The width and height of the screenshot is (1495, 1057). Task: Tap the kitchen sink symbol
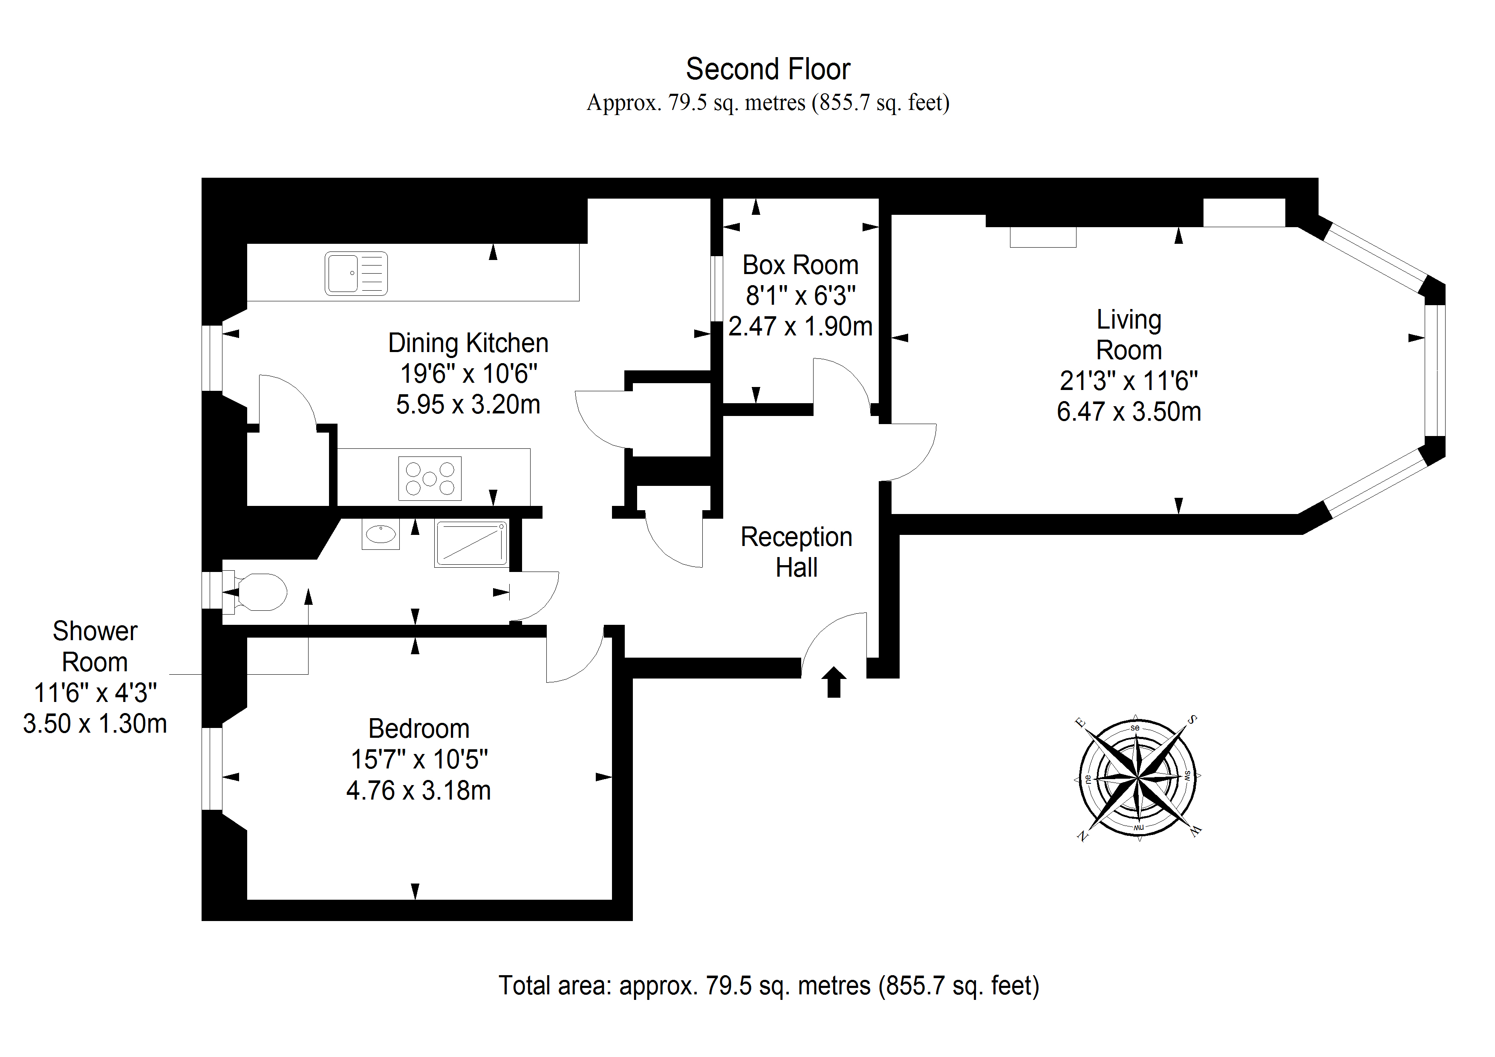356,274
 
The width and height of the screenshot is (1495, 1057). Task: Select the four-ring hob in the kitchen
430,479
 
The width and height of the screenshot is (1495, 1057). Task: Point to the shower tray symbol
471,543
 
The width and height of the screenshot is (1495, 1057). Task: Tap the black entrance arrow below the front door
834,682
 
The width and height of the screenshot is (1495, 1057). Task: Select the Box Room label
800,265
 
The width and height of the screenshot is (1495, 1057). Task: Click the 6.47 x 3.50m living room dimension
1128,412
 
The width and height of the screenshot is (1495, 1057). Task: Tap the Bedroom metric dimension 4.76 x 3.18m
418,791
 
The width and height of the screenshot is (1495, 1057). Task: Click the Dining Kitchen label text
468,343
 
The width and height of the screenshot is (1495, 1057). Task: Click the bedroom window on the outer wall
212,768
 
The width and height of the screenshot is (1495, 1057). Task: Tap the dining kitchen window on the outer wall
212,358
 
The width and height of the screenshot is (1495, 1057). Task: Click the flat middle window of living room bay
1435,370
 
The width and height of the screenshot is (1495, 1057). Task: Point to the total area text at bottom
768,986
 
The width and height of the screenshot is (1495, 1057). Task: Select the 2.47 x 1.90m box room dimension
800,326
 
